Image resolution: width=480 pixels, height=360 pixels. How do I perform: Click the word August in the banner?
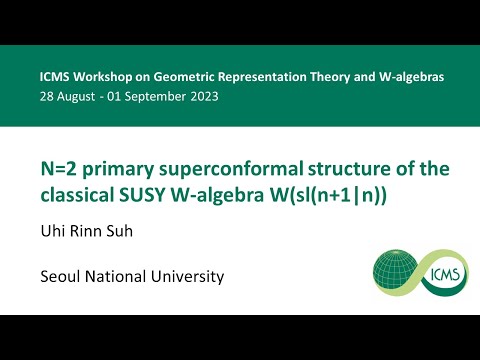coord(76,97)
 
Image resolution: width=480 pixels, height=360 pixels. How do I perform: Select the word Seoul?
coord(64,275)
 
